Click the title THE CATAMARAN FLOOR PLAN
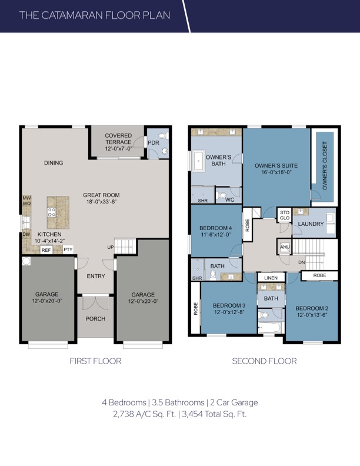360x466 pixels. tap(95, 15)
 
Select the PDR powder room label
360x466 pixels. tap(154, 143)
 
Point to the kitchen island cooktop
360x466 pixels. tap(52, 212)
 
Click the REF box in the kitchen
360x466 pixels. tap(46, 250)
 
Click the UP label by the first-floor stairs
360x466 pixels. tap(110, 248)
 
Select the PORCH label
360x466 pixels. tap(95, 318)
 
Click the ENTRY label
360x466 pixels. tap(96, 276)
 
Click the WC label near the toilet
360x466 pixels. tap(229, 199)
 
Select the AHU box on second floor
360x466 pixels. tap(285, 247)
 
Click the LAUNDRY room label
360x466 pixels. tap(311, 224)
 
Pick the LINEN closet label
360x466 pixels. tap(271, 278)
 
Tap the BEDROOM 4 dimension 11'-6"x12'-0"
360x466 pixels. tap(215, 234)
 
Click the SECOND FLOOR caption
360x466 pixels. tap(264, 361)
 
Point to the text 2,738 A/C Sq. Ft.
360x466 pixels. tap(145, 414)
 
